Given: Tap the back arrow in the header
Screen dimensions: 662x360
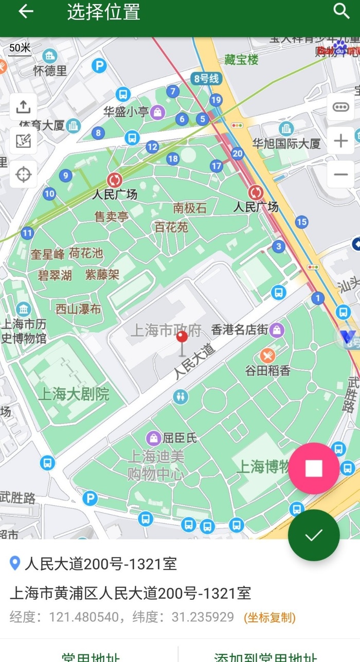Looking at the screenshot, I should click(x=26, y=11).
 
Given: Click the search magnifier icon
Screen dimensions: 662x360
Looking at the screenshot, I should click(x=341, y=11).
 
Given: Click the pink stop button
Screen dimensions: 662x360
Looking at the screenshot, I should click(x=314, y=468).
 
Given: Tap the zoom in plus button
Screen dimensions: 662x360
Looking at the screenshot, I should click(x=340, y=141).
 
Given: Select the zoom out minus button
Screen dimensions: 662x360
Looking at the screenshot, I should click(x=340, y=174).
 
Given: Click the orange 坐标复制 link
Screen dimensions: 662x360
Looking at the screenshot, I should click(x=269, y=617).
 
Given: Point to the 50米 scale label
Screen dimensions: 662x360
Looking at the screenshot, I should click(x=20, y=48).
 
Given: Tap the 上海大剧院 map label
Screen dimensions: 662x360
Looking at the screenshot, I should click(x=74, y=395).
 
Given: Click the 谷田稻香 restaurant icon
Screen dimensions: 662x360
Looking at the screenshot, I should click(x=267, y=355).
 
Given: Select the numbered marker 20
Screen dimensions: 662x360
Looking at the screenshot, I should click(x=237, y=153).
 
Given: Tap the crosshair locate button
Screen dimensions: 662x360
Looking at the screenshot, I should click(x=23, y=174).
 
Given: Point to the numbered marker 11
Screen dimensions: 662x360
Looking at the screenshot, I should click(x=27, y=233).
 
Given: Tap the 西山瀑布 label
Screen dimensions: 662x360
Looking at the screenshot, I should click(x=78, y=309).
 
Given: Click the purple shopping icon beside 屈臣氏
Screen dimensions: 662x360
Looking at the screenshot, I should click(x=153, y=438).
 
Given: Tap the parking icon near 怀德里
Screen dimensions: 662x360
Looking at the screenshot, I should click(x=99, y=65).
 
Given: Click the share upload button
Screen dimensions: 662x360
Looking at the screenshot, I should click(x=23, y=107).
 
